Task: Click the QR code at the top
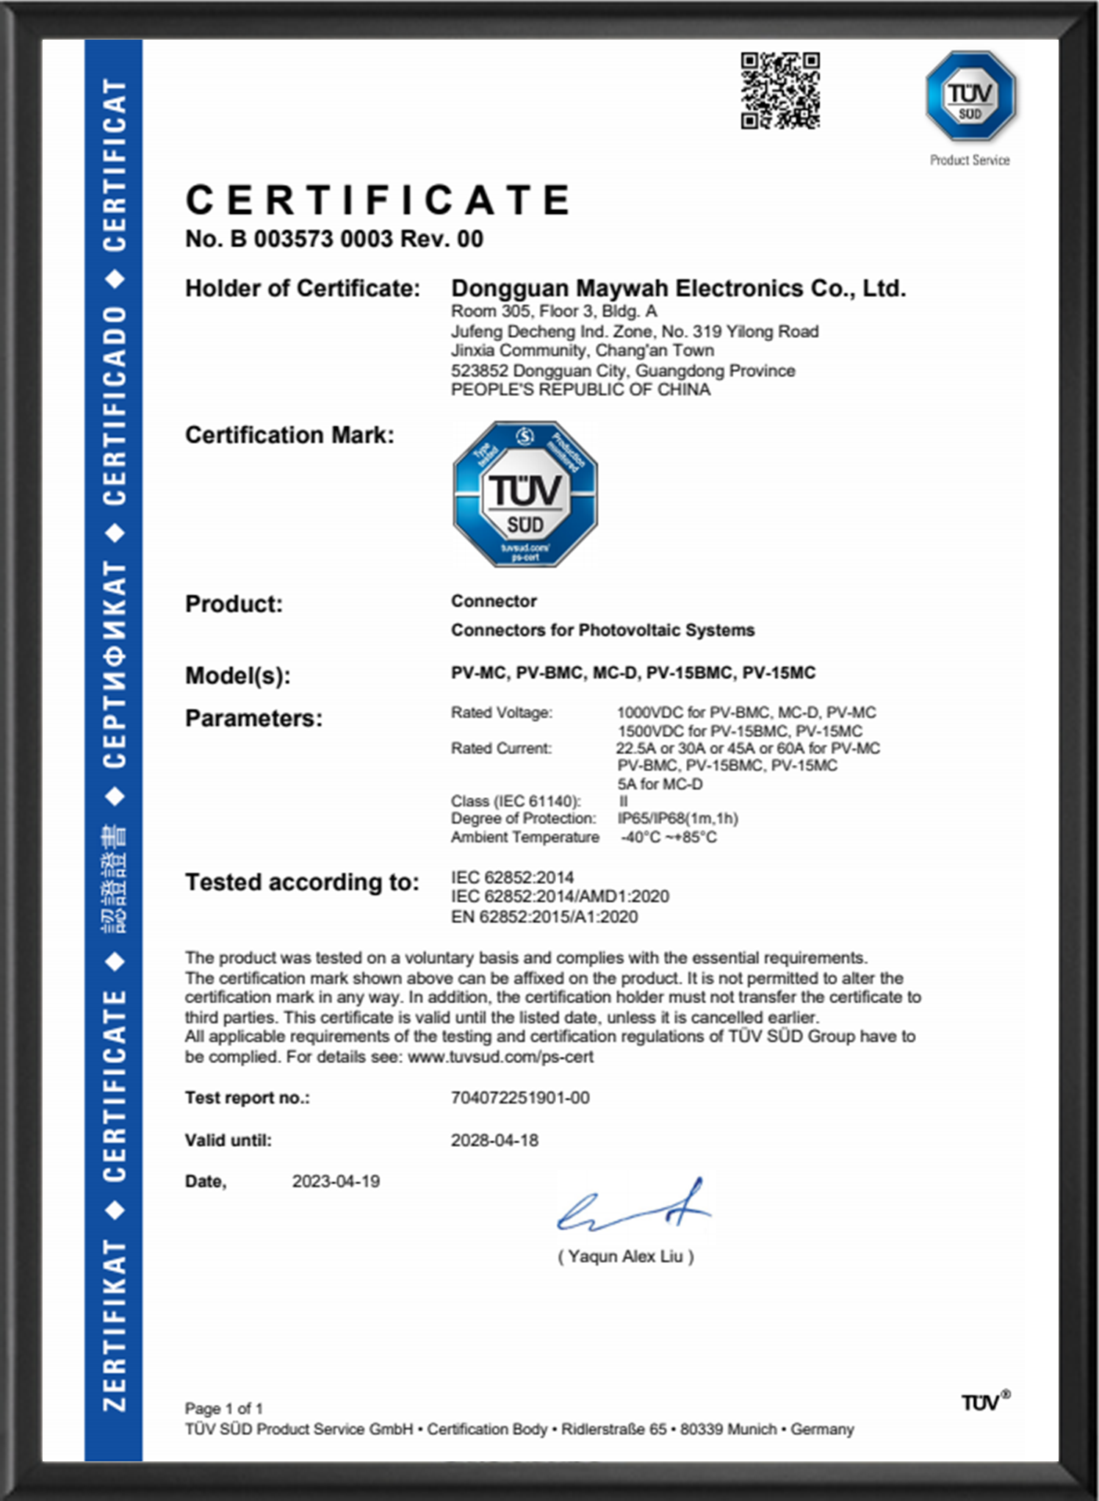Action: pos(779,90)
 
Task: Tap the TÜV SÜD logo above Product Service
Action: pos(970,96)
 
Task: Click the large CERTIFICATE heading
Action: pos(378,201)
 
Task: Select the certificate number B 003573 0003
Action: pos(334,239)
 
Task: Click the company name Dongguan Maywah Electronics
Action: pos(678,288)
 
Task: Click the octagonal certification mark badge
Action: pos(525,494)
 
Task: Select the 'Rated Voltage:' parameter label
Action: pos(501,712)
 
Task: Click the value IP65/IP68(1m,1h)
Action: pos(677,818)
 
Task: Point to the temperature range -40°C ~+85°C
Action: pos(669,838)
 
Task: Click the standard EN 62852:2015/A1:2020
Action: pos(544,917)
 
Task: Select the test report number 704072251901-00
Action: pos(520,1098)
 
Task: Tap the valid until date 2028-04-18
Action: pos(494,1140)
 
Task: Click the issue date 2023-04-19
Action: pos(336,1181)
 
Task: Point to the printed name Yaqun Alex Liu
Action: pos(625,1256)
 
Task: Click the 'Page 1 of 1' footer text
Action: pos(223,1408)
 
